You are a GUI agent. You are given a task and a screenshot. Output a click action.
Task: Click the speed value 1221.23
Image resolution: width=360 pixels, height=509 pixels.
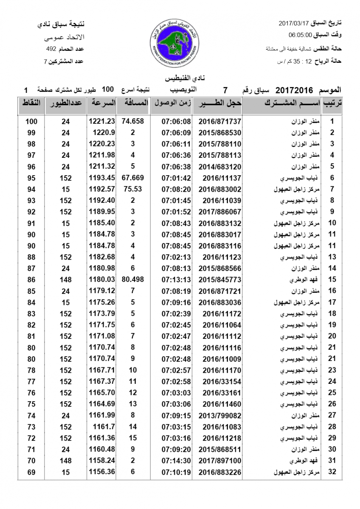(x=102, y=121)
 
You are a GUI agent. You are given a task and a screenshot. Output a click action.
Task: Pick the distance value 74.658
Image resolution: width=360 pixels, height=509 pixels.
(x=133, y=121)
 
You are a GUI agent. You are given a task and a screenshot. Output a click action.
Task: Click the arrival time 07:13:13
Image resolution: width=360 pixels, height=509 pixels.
(x=177, y=280)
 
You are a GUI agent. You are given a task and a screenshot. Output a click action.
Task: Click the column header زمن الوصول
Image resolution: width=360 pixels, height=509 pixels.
(x=172, y=103)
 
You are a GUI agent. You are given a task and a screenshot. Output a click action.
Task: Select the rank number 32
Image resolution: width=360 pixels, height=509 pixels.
(x=332, y=472)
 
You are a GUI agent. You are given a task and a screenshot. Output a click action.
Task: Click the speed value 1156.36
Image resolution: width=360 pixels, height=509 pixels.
(x=102, y=472)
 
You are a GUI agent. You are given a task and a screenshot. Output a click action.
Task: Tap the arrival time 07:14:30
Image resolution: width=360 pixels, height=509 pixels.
(x=177, y=460)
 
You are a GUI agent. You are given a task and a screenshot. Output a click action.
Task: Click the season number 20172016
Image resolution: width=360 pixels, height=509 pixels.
(x=294, y=90)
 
